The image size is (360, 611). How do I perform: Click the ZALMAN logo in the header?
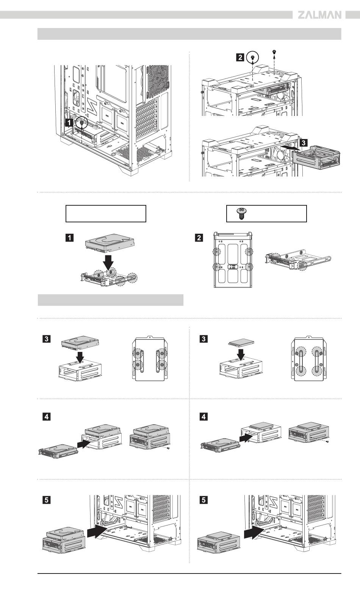319,15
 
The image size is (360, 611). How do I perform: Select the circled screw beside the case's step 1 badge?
81,123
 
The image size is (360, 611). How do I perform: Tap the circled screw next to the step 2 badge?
252,58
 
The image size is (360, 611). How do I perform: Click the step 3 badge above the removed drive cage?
303,142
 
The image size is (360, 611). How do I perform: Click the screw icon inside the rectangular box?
239,214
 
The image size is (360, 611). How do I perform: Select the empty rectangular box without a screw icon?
106,214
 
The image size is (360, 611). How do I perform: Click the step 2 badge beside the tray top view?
199,238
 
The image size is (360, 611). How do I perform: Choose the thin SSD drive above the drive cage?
241,344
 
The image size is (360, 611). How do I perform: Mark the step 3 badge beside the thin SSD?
203,339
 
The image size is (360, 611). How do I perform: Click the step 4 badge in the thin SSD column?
203,417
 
